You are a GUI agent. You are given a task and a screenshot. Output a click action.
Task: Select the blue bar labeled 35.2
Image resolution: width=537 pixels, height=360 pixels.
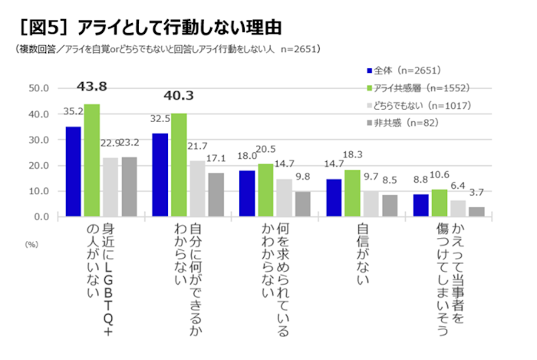point(74,171)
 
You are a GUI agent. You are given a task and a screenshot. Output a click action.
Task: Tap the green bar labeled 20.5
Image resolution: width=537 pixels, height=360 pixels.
point(265,190)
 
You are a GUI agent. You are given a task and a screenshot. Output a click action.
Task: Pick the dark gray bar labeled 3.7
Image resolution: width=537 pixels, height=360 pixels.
point(476,211)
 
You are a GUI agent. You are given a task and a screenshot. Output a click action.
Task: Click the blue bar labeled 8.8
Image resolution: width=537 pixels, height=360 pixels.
point(420,205)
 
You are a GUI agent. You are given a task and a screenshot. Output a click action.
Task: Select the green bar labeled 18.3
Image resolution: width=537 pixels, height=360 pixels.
point(352,193)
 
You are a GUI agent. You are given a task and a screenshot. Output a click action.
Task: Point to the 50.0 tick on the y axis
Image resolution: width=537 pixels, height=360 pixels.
point(38,88)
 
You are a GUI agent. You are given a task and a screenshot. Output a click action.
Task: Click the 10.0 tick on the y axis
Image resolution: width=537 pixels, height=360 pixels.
point(38,191)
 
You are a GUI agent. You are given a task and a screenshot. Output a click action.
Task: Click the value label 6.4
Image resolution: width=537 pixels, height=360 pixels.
point(458,185)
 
